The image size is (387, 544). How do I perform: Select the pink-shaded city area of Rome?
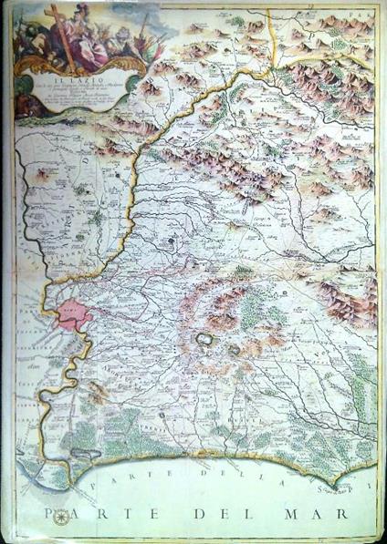point(70,316)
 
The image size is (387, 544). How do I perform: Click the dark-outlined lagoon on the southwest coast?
point(87,453)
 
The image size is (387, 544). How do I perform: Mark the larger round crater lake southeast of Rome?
point(204,339)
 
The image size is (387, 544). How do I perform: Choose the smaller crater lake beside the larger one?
point(233,348)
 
